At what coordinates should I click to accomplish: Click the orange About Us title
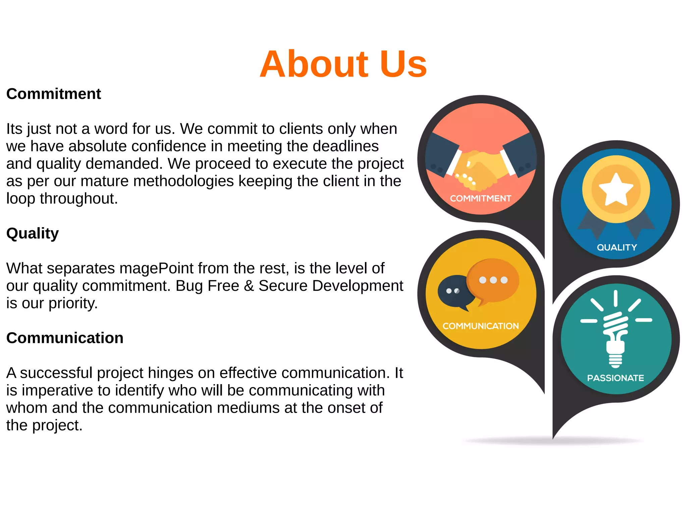coord(343,64)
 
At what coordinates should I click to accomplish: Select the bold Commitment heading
coord(54,94)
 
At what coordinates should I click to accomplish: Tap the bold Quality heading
coord(33,234)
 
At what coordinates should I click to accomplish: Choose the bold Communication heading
coord(65,338)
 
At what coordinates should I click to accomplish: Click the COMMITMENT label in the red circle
coord(480,199)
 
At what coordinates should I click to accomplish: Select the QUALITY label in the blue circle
coord(617,248)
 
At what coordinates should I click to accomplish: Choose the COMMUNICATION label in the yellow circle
coord(480,326)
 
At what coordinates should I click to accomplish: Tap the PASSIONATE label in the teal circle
coord(615,378)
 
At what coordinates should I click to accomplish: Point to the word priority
coord(73,303)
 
